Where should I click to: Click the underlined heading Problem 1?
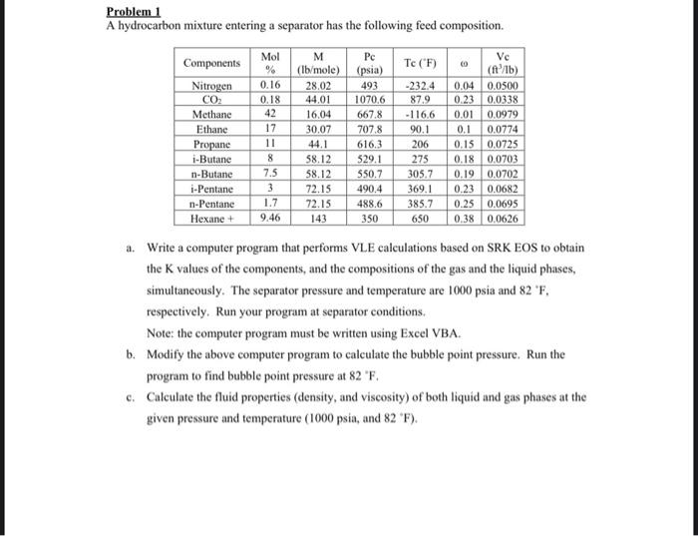coord(137,11)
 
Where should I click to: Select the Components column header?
coord(212,63)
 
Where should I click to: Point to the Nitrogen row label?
coord(212,87)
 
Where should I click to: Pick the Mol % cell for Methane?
coord(269,115)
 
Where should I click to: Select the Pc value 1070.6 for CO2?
coord(369,101)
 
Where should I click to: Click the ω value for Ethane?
coord(462,129)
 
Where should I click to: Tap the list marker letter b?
coord(130,353)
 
